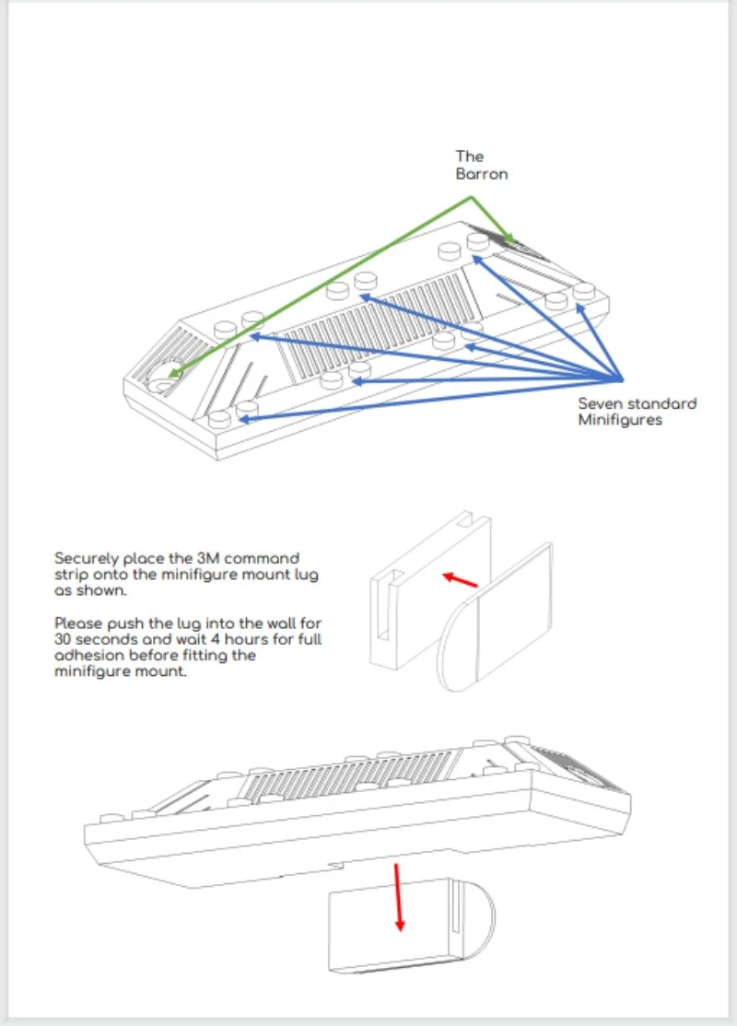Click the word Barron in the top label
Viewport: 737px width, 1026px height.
click(482, 174)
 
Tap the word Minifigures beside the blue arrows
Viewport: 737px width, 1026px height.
click(620, 420)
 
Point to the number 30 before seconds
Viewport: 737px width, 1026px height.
click(63, 639)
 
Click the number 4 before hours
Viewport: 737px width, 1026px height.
click(215, 639)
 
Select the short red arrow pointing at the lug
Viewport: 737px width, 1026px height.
click(460, 579)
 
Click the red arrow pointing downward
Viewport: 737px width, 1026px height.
click(398, 897)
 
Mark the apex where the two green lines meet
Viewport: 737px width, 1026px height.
click(472, 197)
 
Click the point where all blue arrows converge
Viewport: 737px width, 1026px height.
click(621, 379)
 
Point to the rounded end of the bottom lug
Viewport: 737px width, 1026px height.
click(479, 918)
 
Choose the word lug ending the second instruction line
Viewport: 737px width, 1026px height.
click(307, 576)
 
